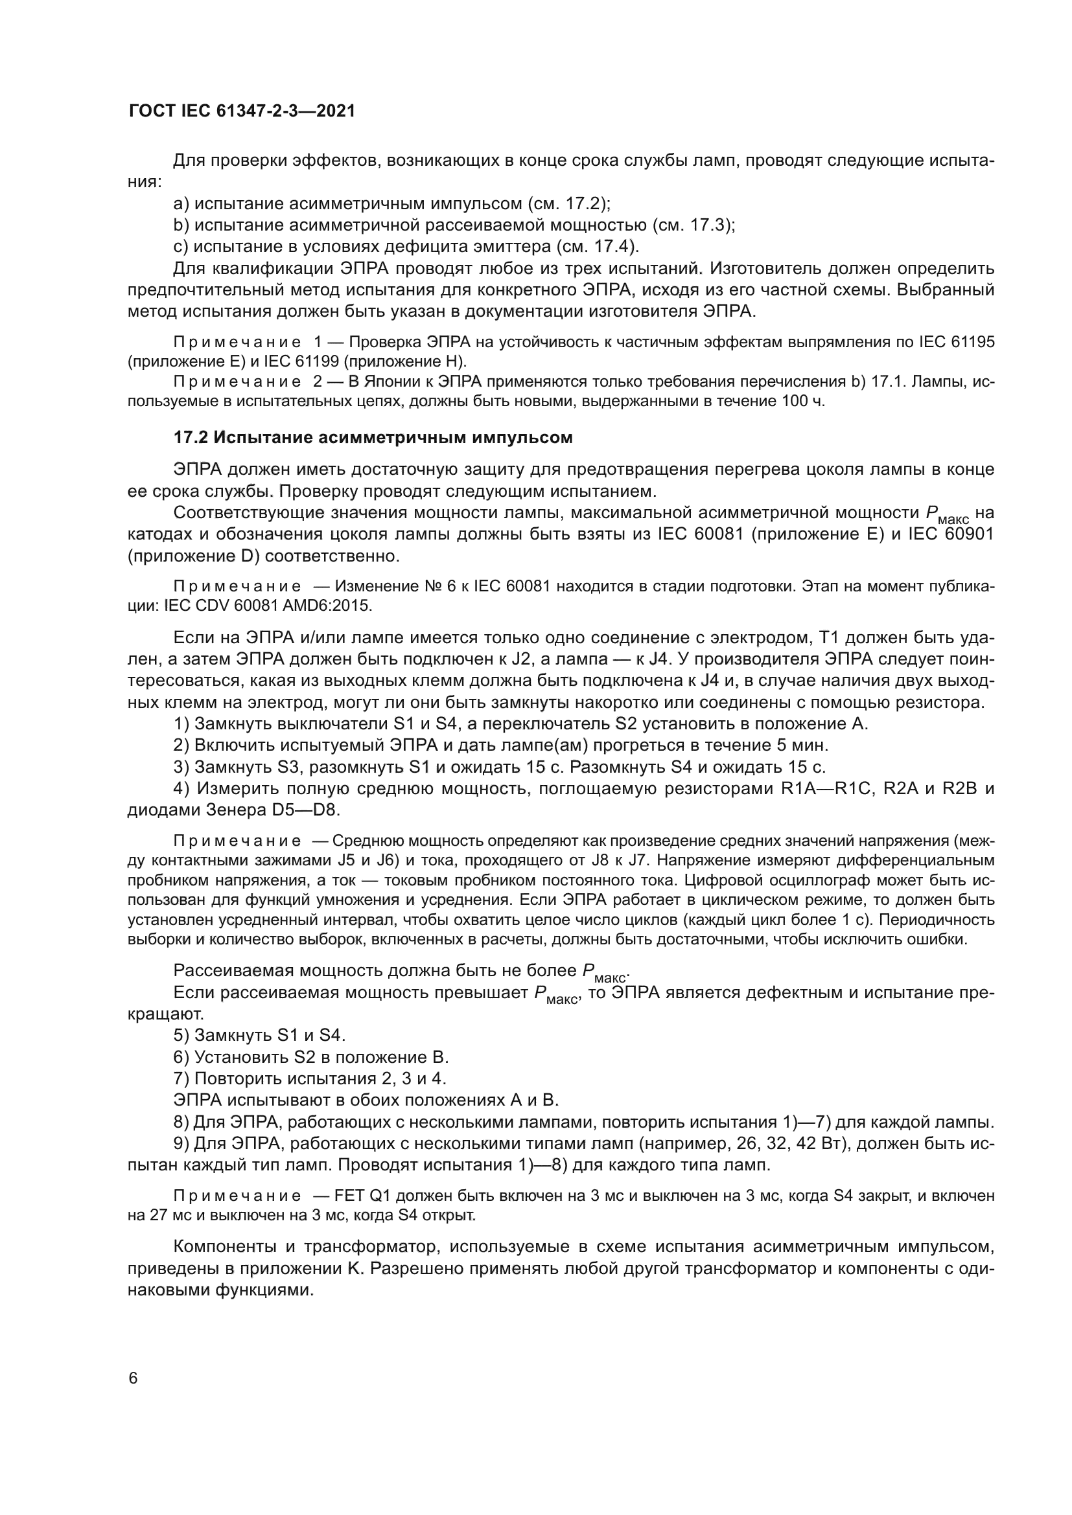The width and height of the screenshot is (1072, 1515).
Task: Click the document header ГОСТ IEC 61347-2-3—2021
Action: tap(242, 111)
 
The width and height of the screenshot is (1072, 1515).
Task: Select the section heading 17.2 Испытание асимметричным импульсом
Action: tap(373, 437)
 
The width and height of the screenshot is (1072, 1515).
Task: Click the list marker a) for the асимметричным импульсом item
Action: tap(181, 204)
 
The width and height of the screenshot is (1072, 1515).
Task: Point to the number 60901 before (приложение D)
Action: tap(968, 534)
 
